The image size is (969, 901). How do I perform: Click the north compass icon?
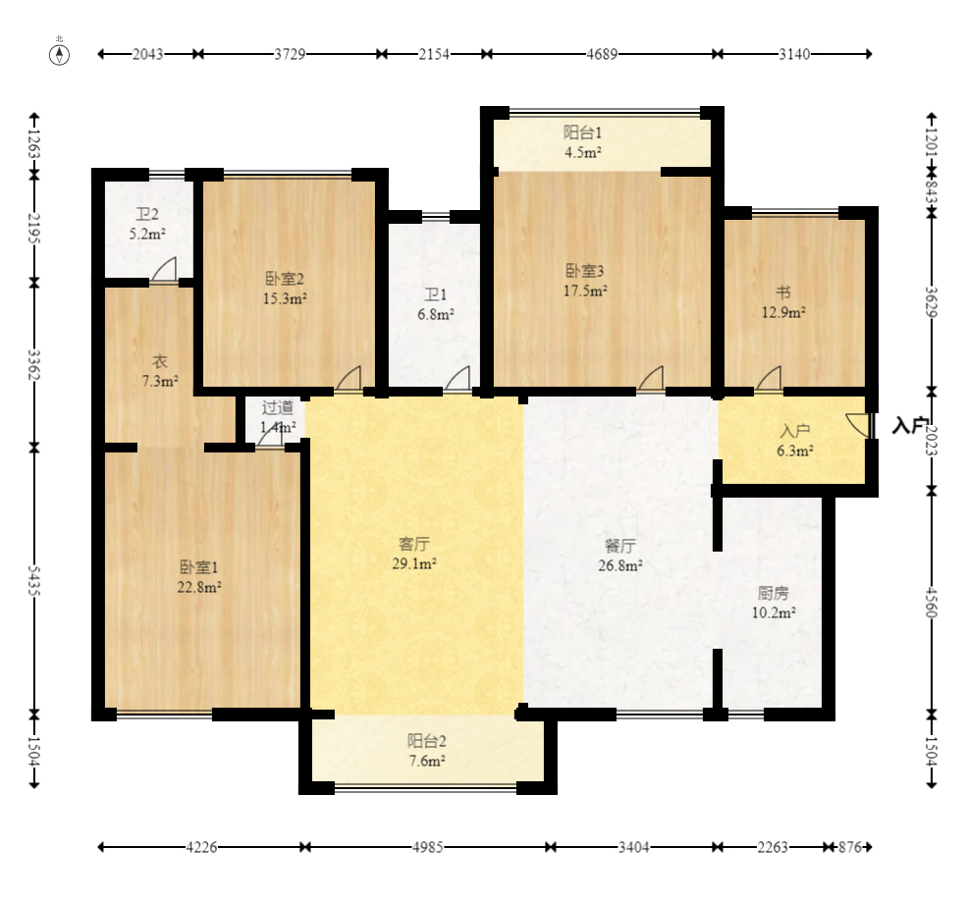click(x=59, y=54)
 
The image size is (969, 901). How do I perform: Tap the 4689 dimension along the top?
click(x=602, y=54)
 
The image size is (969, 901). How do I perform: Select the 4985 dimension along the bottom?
click(x=428, y=847)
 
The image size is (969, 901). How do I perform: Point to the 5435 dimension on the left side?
click(x=34, y=581)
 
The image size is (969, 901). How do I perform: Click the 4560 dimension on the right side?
click(x=932, y=603)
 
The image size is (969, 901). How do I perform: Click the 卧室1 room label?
click(x=199, y=567)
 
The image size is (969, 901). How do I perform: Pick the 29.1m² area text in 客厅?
click(x=414, y=563)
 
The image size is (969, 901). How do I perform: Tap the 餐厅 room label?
click(x=619, y=547)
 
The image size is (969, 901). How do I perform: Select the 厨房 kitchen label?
click(x=773, y=593)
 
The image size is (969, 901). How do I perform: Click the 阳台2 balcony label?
click(x=427, y=741)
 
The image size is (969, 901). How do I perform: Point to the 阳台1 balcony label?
click(x=583, y=132)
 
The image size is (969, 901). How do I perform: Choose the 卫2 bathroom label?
click(x=147, y=214)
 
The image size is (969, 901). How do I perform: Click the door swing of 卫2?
click(x=164, y=270)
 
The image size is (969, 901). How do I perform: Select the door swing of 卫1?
click(x=458, y=378)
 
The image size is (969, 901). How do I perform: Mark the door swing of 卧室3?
click(x=651, y=378)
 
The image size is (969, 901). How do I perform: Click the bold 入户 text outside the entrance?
click(x=910, y=426)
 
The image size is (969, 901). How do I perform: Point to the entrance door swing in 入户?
click(x=858, y=425)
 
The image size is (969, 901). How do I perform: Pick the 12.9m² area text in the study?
click(x=783, y=312)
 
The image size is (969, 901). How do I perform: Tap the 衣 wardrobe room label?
click(x=160, y=361)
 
